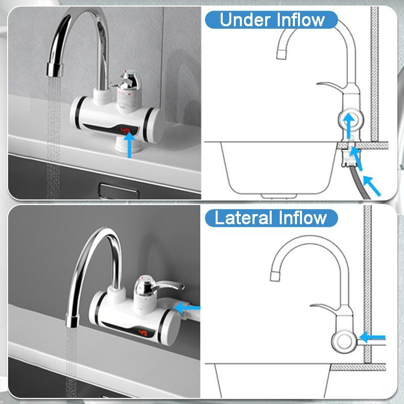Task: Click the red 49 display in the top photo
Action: coord(126,131)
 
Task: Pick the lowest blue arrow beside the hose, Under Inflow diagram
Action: coord(372,186)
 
